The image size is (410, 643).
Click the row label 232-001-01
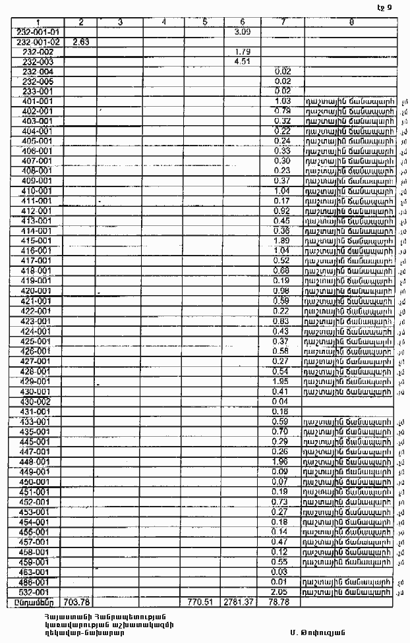(x=37, y=32)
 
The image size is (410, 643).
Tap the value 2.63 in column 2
(x=80, y=42)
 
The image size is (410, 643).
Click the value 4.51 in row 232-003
(x=241, y=61)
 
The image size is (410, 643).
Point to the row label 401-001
(x=37, y=101)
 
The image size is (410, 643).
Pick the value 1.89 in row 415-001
(x=282, y=241)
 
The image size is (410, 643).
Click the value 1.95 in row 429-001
(x=282, y=381)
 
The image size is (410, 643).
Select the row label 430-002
(x=37, y=401)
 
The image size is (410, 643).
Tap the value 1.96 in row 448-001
(x=282, y=462)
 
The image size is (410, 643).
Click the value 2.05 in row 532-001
(x=282, y=592)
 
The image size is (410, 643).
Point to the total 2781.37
(x=241, y=602)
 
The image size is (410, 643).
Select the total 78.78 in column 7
(x=282, y=602)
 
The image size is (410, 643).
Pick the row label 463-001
(x=37, y=572)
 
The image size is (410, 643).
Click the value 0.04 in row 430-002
(x=282, y=401)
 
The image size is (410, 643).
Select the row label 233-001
(x=37, y=91)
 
